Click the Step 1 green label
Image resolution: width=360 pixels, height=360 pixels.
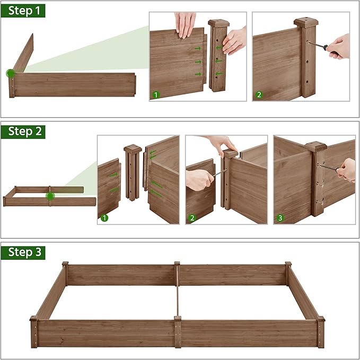[x=23, y=10]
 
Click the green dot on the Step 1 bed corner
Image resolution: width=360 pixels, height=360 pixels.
[x=10, y=73]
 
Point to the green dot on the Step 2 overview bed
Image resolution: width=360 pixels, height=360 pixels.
[x=50, y=196]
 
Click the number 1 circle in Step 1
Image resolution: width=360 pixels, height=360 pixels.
[x=156, y=95]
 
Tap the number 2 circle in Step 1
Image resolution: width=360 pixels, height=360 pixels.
[x=259, y=95]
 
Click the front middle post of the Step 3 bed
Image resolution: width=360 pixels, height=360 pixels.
[x=177, y=331]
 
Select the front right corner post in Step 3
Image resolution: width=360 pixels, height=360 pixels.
[x=321, y=331]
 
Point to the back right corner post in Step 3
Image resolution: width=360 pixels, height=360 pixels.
[x=288, y=273]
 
